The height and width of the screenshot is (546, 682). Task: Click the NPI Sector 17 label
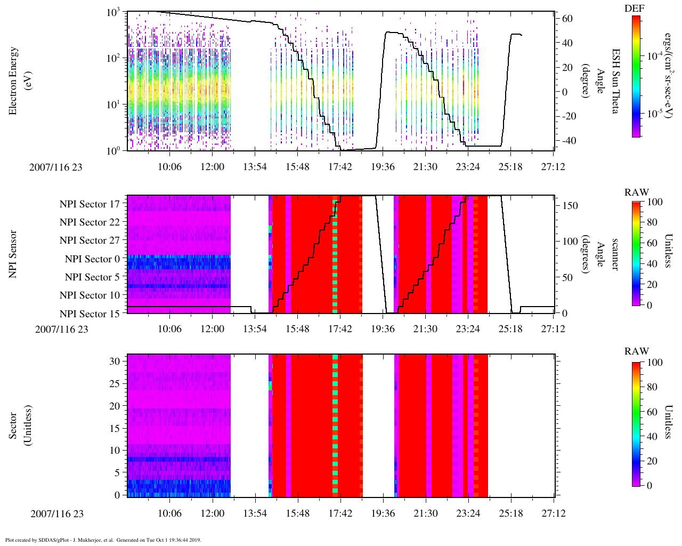pyautogui.click(x=90, y=204)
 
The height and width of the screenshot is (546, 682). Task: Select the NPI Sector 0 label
pyautogui.click(x=92, y=259)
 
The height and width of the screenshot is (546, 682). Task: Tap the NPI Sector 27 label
pyautogui.click(x=90, y=240)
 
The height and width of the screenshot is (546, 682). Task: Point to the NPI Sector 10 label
pyautogui.click(x=90, y=295)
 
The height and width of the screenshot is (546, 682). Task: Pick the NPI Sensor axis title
pyautogui.click(x=13, y=254)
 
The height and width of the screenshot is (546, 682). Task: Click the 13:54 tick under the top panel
pyautogui.click(x=255, y=167)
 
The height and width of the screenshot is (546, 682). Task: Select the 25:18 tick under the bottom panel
pyautogui.click(x=510, y=513)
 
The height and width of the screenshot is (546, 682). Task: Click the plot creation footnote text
pyautogui.click(x=103, y=540)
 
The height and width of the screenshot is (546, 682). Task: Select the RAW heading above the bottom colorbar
pyautogui.click(x=637, y=351)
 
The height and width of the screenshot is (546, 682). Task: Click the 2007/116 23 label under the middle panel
pyautogui.click(x=62, y=329)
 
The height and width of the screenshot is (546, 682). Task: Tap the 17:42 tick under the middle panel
pyautogui.click(x=340, y=329)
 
